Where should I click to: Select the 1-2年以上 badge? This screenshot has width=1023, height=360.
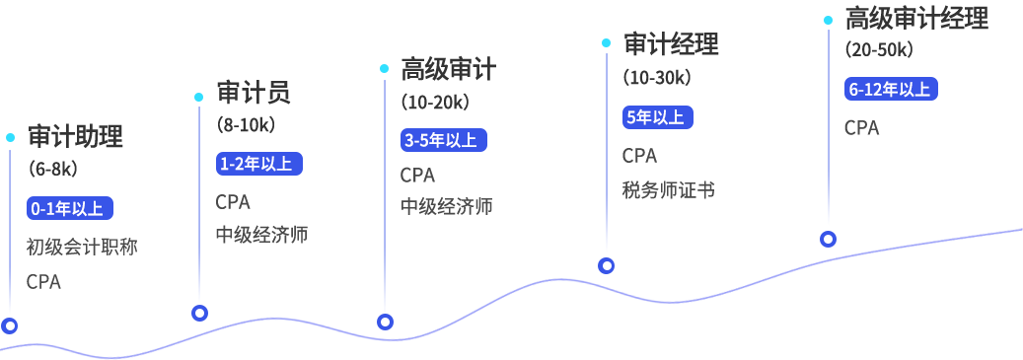click(258, 164)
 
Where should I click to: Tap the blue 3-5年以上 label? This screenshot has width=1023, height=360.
click(443, 140)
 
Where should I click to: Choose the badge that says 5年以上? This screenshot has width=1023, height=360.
click(658, 116)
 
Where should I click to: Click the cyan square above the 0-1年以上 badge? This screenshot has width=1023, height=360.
click(10, 137)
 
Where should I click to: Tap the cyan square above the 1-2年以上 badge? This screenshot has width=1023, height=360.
click(198, 96)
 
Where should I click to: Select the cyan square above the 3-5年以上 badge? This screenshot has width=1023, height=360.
click(384, 68)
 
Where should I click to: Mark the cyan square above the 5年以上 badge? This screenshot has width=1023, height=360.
click(606, 42)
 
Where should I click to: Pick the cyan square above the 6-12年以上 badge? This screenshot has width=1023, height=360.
click(828, 20)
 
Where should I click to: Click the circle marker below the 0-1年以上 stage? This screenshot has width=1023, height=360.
click(10, 325)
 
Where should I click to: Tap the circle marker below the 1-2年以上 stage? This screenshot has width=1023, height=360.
click(199, 314)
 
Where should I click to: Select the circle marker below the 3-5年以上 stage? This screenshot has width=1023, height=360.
click(385, 322)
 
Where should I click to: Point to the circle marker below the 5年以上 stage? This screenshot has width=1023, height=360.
click(607, 265)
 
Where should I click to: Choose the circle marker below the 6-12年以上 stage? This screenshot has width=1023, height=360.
click(828, 239)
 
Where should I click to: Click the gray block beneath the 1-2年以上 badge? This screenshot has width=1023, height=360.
click(258, 218)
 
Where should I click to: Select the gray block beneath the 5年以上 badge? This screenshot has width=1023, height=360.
click(667, 173)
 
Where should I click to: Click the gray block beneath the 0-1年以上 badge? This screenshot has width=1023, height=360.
click(79, 263)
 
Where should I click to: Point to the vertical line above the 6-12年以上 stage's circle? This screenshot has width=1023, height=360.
click(828, 128)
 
